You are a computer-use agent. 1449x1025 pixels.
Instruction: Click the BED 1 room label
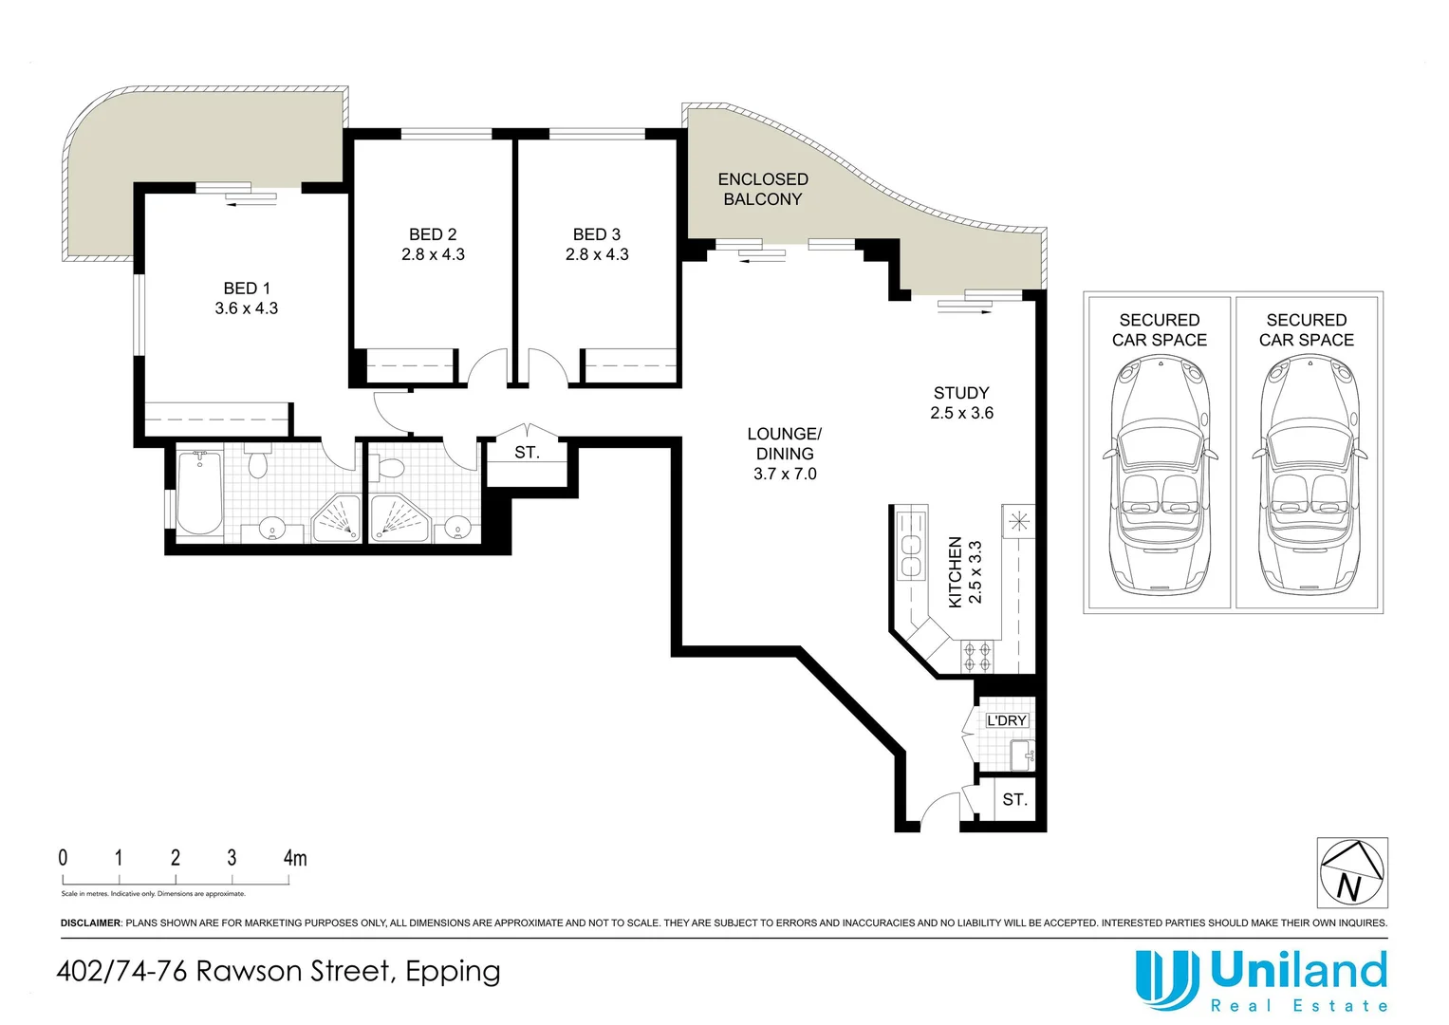click(247, 288)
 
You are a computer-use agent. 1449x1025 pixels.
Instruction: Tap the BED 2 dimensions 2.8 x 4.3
click(433, 254)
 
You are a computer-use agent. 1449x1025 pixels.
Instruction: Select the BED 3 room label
click(597, 234)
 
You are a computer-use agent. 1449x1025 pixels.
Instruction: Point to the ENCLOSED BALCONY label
click(763, 189)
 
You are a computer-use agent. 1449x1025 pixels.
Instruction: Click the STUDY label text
click(961, 393)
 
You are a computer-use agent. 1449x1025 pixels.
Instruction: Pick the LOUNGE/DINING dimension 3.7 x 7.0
click(785, 474)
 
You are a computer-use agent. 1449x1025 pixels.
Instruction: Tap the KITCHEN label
click(955, 572)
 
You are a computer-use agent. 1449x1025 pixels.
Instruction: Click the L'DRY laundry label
click(1007, 720)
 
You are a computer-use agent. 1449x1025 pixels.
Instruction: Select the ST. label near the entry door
click(1015, 800)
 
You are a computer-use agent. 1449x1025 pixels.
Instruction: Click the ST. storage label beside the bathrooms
click(527, 453)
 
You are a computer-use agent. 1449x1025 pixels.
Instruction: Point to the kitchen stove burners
click(976, 656)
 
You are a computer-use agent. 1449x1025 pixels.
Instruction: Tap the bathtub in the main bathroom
click(199, 494)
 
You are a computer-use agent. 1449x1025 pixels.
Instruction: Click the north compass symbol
click(1352, 872)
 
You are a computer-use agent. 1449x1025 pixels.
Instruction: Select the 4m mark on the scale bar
click(295, 858)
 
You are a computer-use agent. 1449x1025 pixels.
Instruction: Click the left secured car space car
click(1160, 475)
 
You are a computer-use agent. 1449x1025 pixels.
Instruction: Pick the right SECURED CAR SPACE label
click(1306, 330)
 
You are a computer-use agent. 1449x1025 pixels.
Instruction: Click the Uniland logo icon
click(1163, 978)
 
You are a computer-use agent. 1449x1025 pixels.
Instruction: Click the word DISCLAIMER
click(91, 922)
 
